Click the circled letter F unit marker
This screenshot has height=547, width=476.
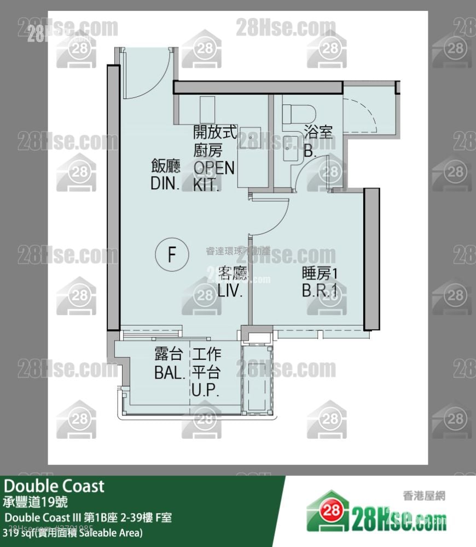tap(171, 255)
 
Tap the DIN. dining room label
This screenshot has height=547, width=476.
tap(165, 174)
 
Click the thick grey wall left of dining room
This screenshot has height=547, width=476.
tap(113, 197)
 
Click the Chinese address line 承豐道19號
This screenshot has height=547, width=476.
tap(36, 501)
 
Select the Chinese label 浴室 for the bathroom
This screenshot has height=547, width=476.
tap(318, 132)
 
